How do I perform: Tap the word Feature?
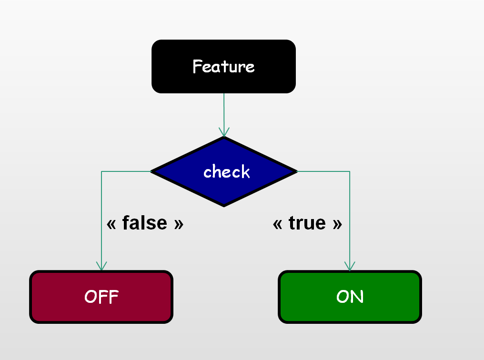(x=223, y=66)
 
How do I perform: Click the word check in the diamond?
(x=226, y=171)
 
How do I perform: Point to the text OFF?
(x=101, y=297)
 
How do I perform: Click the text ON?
(x=350, y=297)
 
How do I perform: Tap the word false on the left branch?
(x=145, y=223)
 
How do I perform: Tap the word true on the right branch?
(x=307, y=223)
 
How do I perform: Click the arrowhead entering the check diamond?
(x=224, y=132)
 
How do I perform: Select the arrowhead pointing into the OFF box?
(x=101, y=266)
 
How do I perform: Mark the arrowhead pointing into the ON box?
(x=350, y=266)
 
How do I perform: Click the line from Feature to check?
(x=224, y=110)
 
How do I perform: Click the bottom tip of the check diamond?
(x=224, y=205)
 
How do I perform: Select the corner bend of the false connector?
(x=101, y=171)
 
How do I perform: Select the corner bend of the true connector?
(x=350, y=171)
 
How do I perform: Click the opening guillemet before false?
(x=111, y=224)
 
